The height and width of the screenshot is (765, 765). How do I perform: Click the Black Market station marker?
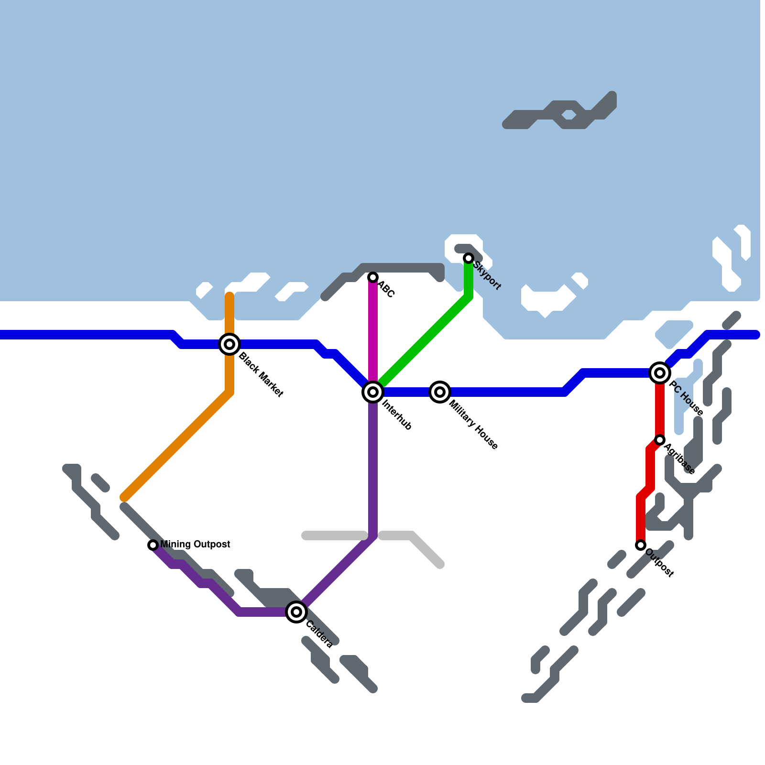point(229,344)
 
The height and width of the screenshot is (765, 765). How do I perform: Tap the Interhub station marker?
point(373,392)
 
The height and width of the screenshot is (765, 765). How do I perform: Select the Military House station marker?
point(440,392)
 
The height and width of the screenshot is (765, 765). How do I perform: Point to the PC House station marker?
point(660,372)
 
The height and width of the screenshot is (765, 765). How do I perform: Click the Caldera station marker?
point(296,612)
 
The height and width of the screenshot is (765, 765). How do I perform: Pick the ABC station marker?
point(373,277)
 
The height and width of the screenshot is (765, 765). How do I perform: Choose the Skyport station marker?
point(469,258)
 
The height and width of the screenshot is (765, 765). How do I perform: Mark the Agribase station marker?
point(660,440)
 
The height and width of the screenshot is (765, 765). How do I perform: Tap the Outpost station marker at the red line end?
point(641,545)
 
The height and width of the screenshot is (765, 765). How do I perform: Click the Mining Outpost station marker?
point(153,545)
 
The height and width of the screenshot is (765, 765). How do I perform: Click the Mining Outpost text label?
point(195,545)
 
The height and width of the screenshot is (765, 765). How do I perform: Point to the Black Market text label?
point(261,374)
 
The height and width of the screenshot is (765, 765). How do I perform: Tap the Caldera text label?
point(319,634)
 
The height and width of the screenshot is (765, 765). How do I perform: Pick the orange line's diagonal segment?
point(177,445)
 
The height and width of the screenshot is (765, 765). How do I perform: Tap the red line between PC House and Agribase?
point(660,406)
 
